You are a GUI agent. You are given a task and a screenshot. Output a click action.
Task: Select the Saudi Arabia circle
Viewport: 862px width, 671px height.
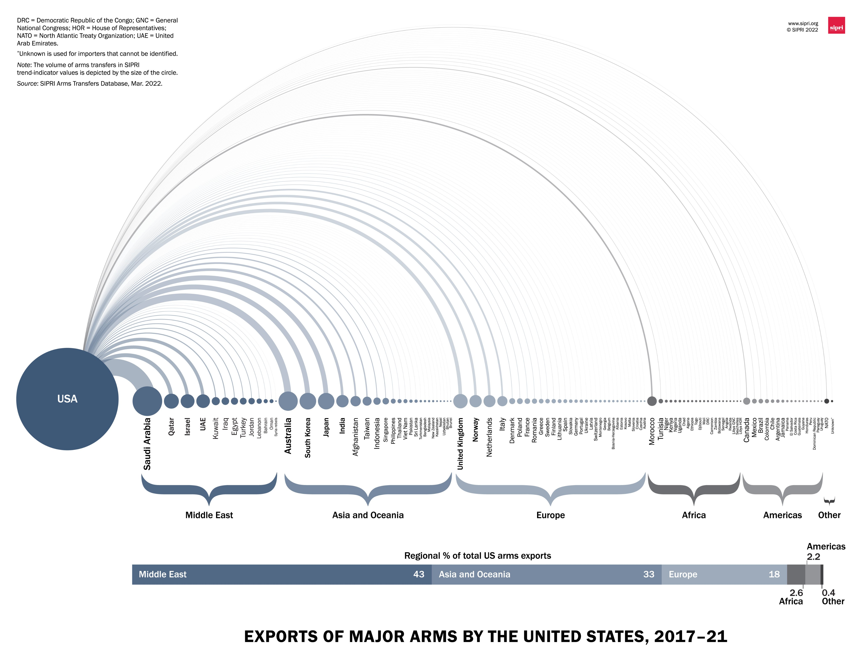coord(147,401)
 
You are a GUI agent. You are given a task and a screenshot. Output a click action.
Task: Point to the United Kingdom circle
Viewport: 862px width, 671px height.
coord(460,401)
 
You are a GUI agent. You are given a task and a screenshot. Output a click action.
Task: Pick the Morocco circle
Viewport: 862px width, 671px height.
coord(652,401)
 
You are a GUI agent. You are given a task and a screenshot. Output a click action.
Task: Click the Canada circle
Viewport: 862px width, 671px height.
coord(746,401)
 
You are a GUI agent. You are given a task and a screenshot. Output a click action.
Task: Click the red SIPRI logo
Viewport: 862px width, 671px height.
coord(836,25)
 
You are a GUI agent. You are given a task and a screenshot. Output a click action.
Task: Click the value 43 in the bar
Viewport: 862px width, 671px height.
coord(419,574)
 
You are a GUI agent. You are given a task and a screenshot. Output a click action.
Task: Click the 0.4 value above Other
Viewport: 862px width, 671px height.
coord(829,592)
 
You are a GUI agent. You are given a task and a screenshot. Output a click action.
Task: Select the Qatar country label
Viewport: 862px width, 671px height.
coord(171,426)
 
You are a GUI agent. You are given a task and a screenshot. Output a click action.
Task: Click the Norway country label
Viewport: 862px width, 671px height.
coord(476,430)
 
